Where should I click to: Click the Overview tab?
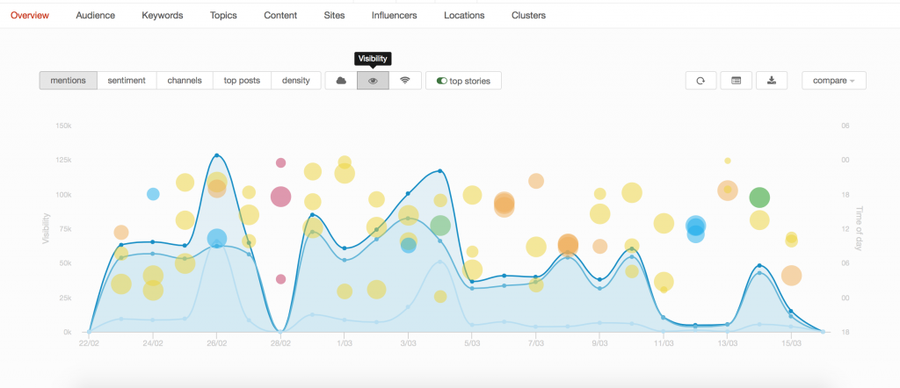pos(30,15)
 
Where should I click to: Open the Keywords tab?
pos(162,15)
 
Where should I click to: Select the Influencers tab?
pos(394,15)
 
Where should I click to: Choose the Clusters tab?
pos(528,15)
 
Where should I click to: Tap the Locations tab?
pos(464,15)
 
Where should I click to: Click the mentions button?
pos(68,81)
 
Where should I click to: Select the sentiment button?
pos(127,81)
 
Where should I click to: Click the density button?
pos(295,81)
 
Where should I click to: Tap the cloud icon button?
pos(341,81)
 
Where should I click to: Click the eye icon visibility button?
pos(373,81)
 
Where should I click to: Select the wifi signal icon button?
pos(405,81)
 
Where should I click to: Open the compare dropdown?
pos(833,81)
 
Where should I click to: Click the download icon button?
pos(772,81)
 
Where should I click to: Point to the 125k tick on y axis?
pos(63,160)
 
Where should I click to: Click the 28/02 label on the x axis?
pos(280,343)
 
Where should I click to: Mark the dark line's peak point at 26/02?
pos(217,155)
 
